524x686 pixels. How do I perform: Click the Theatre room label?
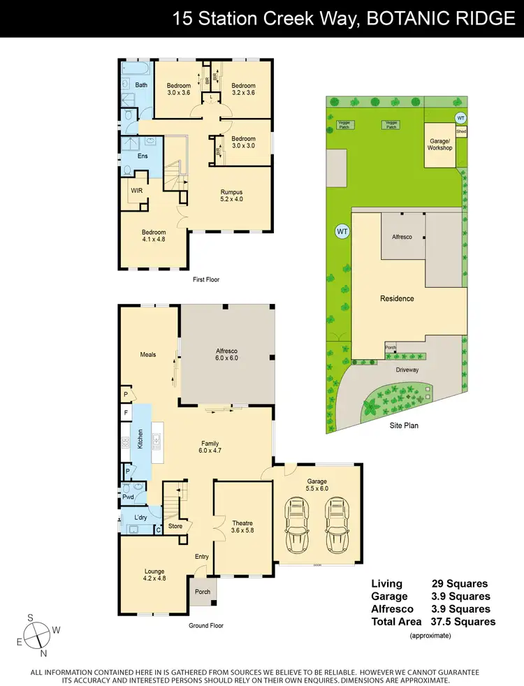243,527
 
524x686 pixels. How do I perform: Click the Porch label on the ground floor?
203,592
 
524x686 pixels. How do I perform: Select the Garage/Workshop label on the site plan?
440,144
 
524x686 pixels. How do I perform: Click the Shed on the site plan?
461,131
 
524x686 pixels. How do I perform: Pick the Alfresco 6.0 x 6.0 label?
226,354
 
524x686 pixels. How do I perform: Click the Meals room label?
147,354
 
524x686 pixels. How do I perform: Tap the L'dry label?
138,518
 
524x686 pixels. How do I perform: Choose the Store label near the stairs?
175,526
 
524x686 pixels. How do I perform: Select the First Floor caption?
206,279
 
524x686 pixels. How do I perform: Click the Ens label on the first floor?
143,156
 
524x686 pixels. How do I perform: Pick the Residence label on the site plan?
397,298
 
